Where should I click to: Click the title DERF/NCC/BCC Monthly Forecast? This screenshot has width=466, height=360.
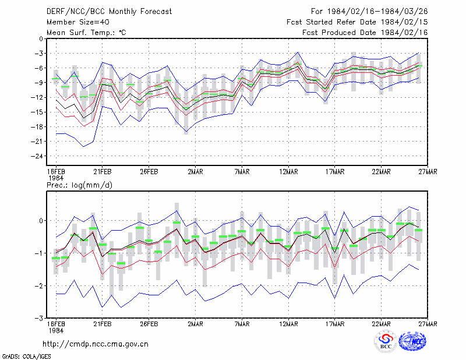pos(109,12)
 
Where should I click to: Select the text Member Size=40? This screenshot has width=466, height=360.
pos(78,22)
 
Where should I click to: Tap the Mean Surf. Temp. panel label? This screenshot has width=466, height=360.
pos(86,33)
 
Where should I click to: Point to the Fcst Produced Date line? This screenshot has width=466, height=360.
pos(365,33)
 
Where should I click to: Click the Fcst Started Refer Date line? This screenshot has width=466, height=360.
pos(357,22)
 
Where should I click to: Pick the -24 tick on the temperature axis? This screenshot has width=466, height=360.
pos(37,156)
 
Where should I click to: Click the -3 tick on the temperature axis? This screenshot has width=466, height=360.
pos(38,54)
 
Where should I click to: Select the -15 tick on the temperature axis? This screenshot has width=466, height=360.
pos(37,112)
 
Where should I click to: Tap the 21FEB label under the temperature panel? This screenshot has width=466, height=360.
pos(103,172)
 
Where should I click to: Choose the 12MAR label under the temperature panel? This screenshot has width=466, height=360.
pos(288,172)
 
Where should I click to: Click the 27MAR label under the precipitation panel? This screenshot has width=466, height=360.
pos(428,324)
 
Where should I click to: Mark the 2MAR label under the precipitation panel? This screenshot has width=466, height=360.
pos(195,324)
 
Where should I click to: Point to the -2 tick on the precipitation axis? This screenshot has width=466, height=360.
pos(38,285)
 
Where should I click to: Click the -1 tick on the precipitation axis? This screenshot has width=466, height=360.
pos(38,253)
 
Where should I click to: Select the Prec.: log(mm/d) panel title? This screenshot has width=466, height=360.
pos(79,185)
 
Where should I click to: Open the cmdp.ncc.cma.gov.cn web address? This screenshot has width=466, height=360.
pos(96,344)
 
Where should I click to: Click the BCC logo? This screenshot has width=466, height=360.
pos(386,341)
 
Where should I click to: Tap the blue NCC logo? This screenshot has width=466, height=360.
pos(412,341)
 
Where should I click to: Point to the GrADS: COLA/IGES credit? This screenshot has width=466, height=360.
pos(26,357)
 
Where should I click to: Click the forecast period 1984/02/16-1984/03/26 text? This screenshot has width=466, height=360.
pos(377,12)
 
